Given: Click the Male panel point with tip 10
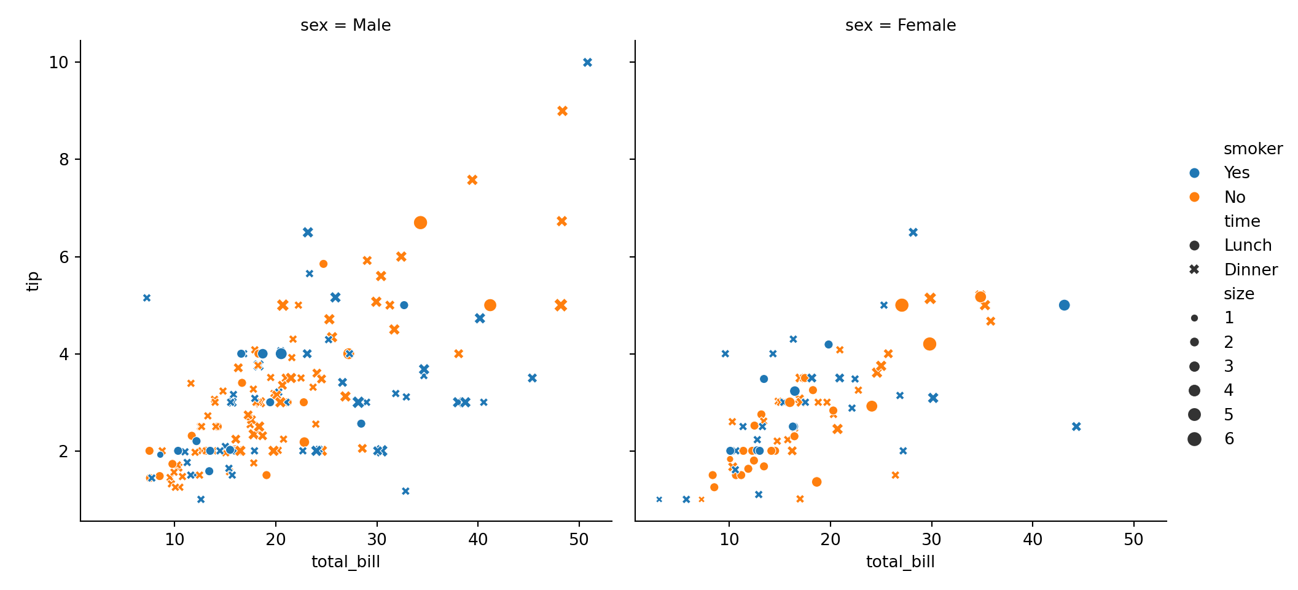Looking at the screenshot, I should point(587,62).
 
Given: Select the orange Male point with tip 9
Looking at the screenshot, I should point(562,111).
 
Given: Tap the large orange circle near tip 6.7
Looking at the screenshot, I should point(420,222).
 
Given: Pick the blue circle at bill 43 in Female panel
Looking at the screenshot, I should point(1064,305).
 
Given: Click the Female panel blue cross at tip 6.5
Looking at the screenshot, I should point(913,232).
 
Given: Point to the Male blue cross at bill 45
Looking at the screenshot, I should point(532,378).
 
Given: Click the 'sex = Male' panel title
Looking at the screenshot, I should point(345,25).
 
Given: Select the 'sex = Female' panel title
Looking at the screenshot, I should point(900,25).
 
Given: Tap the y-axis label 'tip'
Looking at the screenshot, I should point(33,281).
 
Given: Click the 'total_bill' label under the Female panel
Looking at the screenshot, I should point(900,562).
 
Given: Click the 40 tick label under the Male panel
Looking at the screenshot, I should point(478,540).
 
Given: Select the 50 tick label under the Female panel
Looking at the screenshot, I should point(1133,540).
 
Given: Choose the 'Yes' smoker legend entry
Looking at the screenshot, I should point(1236,173).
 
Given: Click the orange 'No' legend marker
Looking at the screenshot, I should point(1194,197).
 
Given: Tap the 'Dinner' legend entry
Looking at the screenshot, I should point(1250,270).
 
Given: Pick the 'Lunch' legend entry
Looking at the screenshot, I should point(1247,245).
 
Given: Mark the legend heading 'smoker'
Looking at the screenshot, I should point(1253,149).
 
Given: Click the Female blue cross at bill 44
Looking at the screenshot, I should point(1076,427).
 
